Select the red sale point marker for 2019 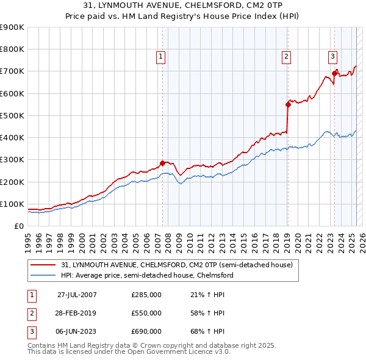[287, 104]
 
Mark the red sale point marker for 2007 [162, 163]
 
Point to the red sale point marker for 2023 [334, 74]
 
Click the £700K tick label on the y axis [12, 71]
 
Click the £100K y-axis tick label [12, 204]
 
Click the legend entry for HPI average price [147, 275]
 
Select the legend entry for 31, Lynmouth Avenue [177, 265]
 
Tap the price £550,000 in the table [146, 313]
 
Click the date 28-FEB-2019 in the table [77, 313]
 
